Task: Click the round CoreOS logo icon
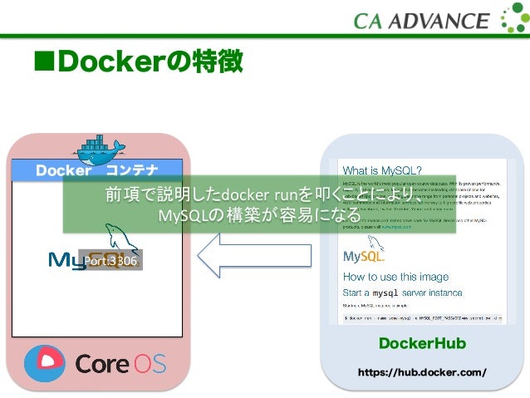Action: pos(44,362)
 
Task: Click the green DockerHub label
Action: pos(422,344)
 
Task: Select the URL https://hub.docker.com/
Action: pos(421,372)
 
